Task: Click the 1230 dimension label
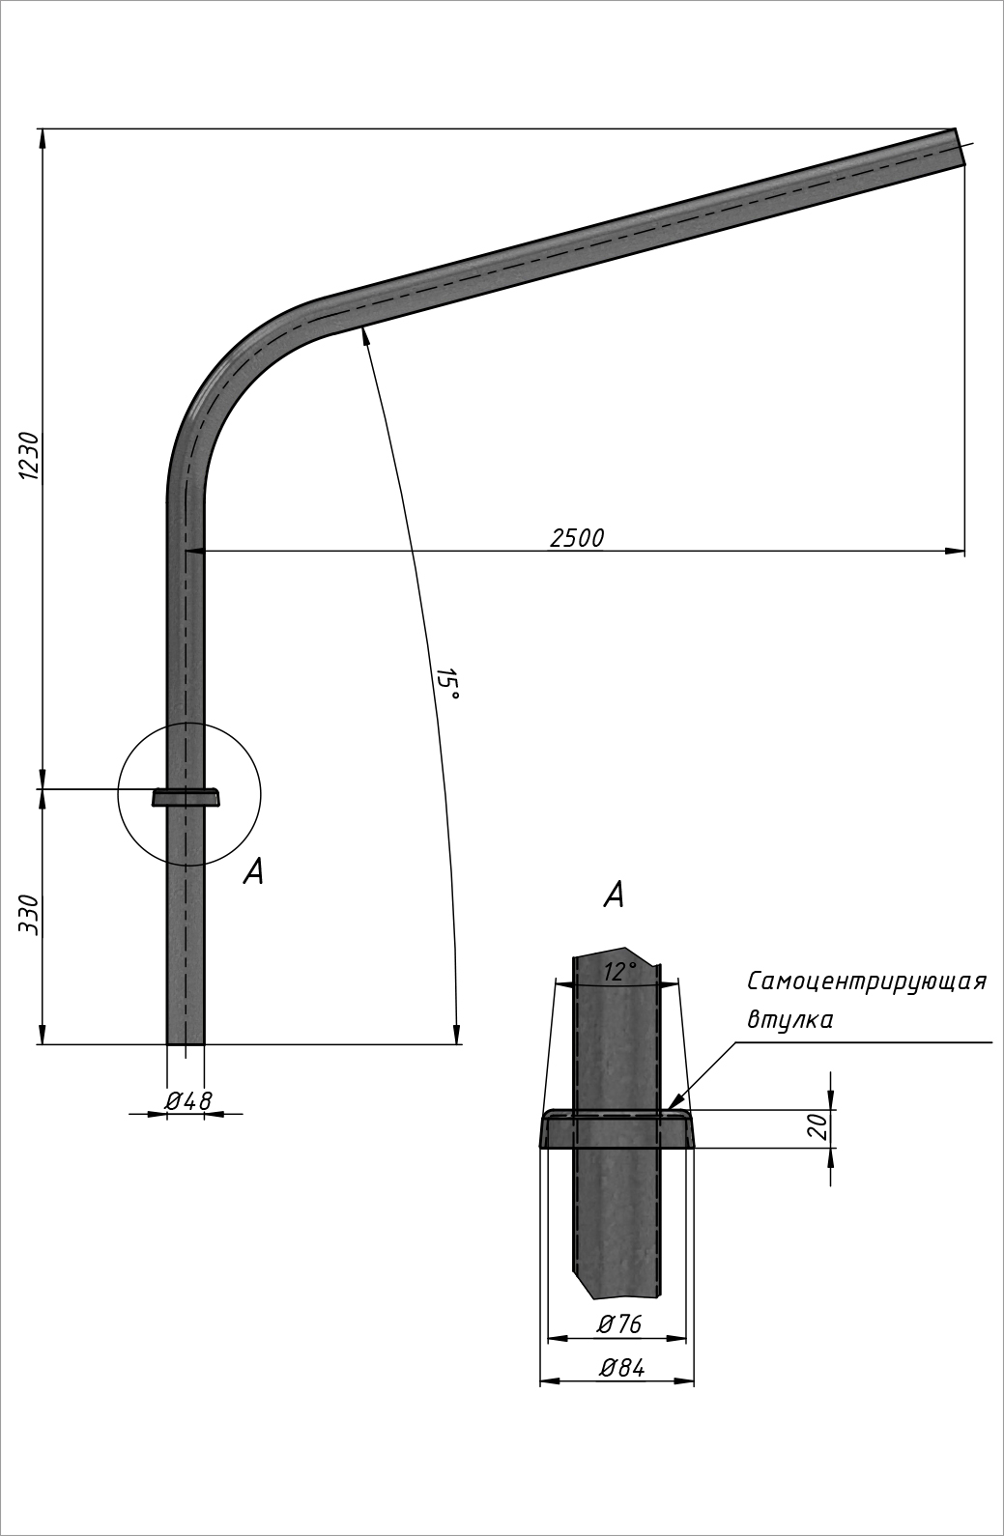click(29, 456)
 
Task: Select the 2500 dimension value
click(577, 539)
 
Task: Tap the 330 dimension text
click(29, 914)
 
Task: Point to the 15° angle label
click(446, 684)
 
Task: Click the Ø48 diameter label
click(188, 1100)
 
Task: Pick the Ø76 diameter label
click(618, 1324)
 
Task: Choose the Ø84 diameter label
click(620, 1368)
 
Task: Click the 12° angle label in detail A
click(618, 972)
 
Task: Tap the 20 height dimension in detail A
click(818, 1126)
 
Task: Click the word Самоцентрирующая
click(866, 981)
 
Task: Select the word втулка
click(789, 1020)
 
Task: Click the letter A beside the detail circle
click(253, 872)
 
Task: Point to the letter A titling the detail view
click(614, 895)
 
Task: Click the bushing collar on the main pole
click(186, 797)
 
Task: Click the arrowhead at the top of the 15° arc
click(364, 334)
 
